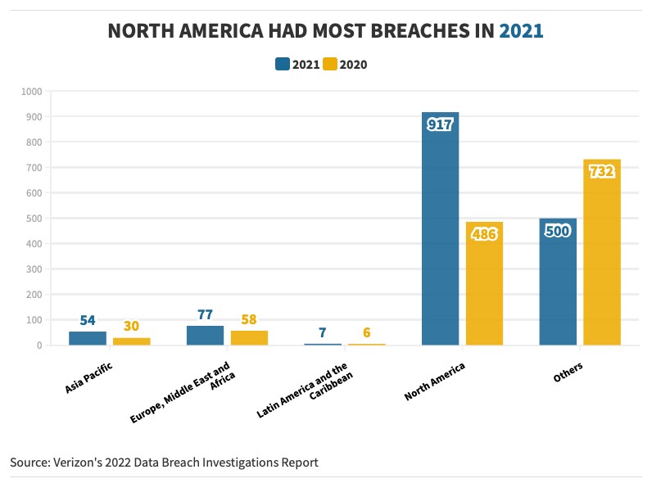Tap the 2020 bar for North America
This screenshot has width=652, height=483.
tap(484, 287)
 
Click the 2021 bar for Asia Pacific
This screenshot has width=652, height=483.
tap(87, 338)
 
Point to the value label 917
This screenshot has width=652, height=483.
tap(440, 124)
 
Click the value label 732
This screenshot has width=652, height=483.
tap(602, 172)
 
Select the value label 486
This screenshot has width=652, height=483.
tap(484, 234)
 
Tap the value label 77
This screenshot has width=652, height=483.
tap(205, 314)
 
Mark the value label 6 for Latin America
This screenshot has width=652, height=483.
tap(366, 332)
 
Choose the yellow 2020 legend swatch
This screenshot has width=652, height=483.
tap(330, 65)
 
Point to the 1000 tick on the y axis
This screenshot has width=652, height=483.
tap(32, 92)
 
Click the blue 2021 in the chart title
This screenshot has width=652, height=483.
tap(521, 31)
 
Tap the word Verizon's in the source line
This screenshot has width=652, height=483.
tap(83, 463)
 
